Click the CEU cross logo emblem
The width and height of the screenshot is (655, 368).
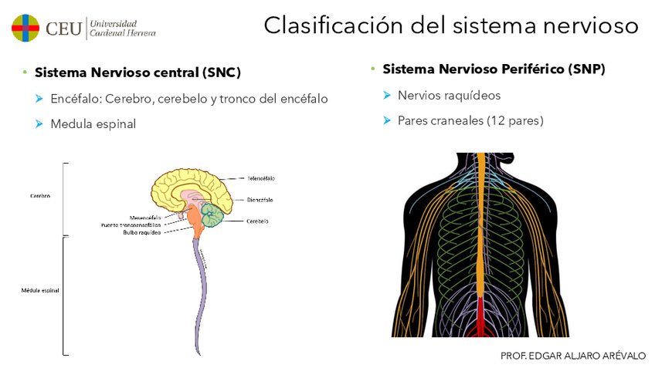pyautogui.click(x=25, y=28)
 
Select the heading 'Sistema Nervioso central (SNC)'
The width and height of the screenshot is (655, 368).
pyautogui.click(x=138, y=73)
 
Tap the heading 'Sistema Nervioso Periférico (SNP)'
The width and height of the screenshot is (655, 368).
pyautogui.click(x=494, y=69)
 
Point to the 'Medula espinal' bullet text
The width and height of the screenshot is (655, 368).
pyautogui.click(x=93, y=123)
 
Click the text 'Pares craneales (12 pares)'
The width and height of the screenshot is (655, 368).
pyautogui.click(x=470, y=120)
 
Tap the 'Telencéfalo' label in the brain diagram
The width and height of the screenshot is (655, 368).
pyautogui.click(x=261, y=178)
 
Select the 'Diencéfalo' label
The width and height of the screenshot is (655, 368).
pyautogui.click(x=260, y=200)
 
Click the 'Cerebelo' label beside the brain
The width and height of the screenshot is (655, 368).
pyautogui.click(x=258, y=221)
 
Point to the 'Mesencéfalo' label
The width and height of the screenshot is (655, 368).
pyautogui.click(x=145, y=218)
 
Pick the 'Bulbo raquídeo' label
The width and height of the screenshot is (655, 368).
pyautogui.click(x=141, y=232)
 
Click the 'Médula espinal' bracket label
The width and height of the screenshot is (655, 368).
pyautogui.click(x=40, y=290)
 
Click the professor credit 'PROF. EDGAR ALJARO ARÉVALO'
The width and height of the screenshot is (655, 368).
pyautogui.click(x=572, y=356)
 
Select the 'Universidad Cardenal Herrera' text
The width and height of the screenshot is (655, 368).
pyautogui.click(x=122, y=29)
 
